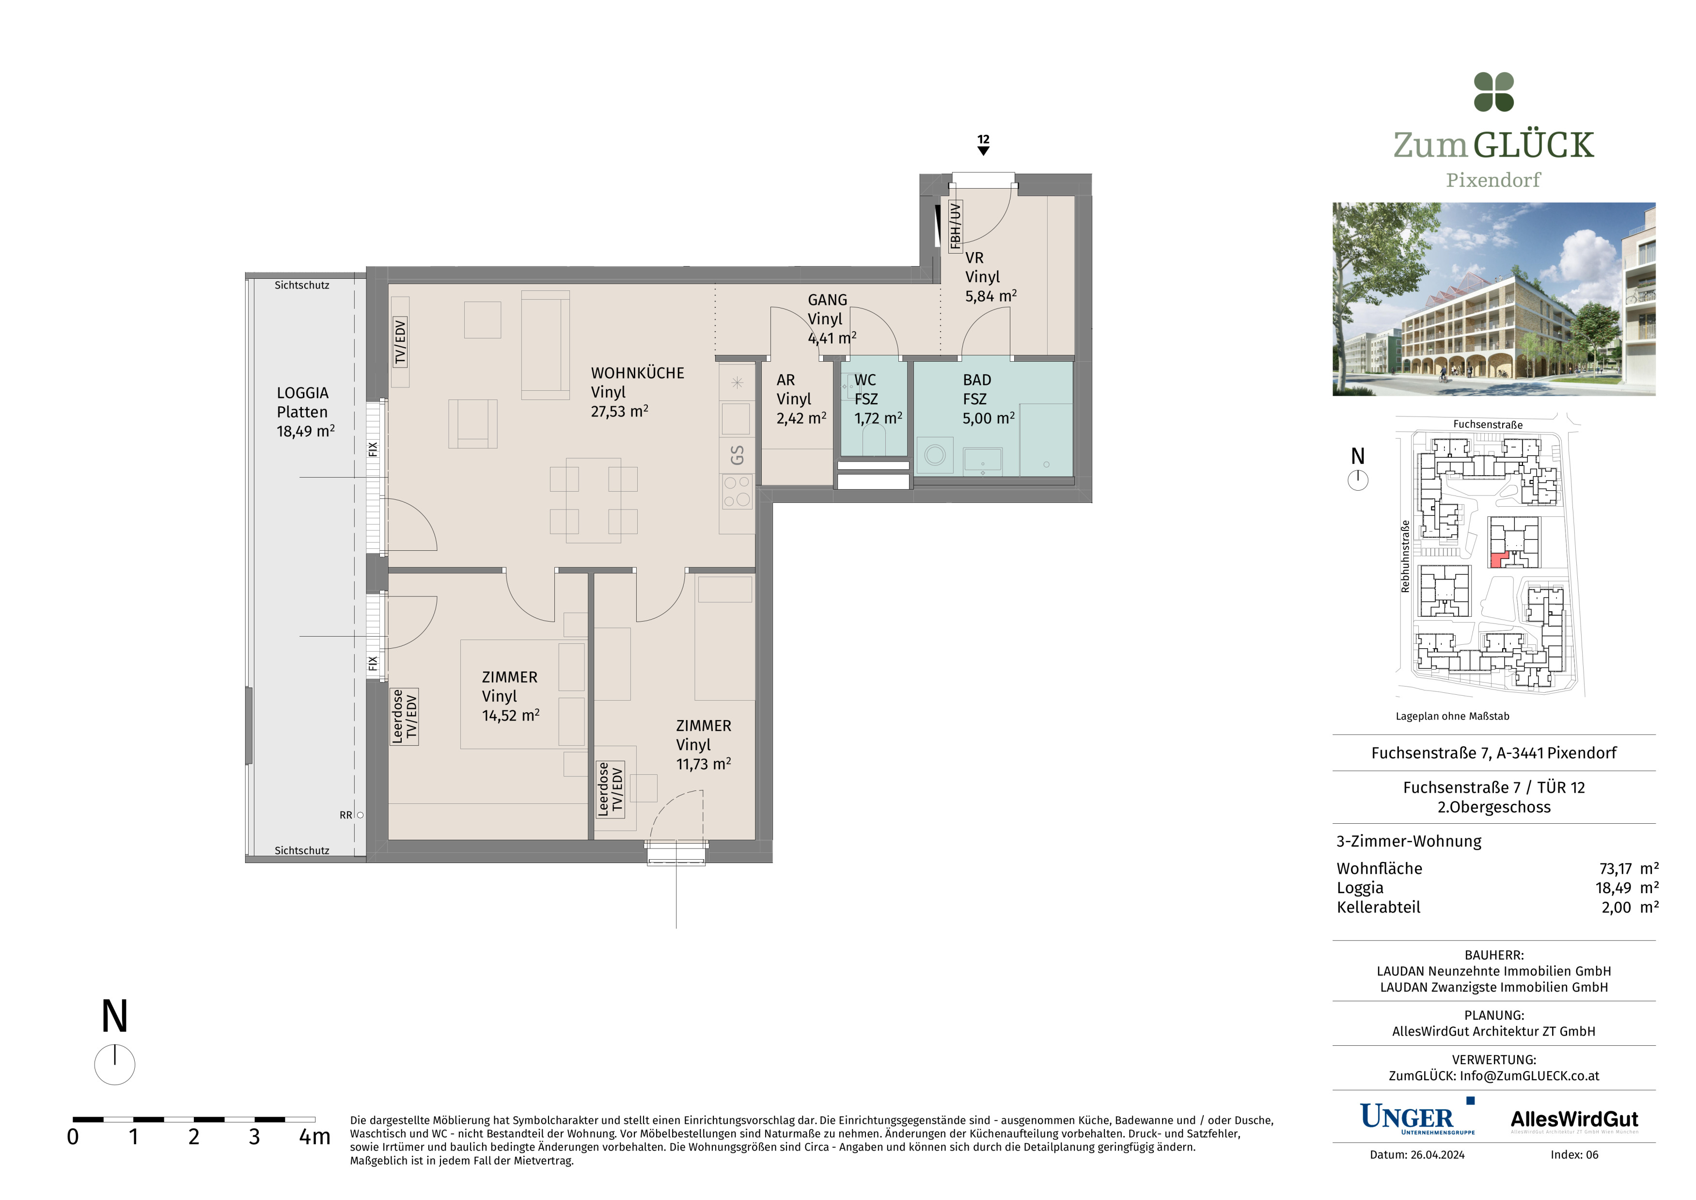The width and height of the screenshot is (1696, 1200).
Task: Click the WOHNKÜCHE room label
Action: [638, 373]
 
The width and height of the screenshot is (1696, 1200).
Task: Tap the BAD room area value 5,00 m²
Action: [989, 418]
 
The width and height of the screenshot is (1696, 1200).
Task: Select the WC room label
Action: [865, 380]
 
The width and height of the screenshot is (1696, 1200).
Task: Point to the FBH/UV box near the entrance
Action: [955, 226]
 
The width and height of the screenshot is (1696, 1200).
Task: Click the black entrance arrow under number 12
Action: [983, 151]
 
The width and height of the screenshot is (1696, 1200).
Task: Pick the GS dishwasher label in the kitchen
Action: [737, 455]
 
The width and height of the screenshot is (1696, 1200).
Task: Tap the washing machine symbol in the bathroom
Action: [935, 455]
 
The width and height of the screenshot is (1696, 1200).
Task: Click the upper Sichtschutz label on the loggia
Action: [301, 285]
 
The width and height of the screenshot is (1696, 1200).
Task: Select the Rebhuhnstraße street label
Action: [1405, 557]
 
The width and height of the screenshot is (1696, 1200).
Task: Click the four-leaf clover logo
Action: [1493, 93]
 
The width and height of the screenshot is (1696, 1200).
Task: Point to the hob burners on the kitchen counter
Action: [737, 491]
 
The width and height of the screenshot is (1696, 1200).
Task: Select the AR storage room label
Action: [785, 380]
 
